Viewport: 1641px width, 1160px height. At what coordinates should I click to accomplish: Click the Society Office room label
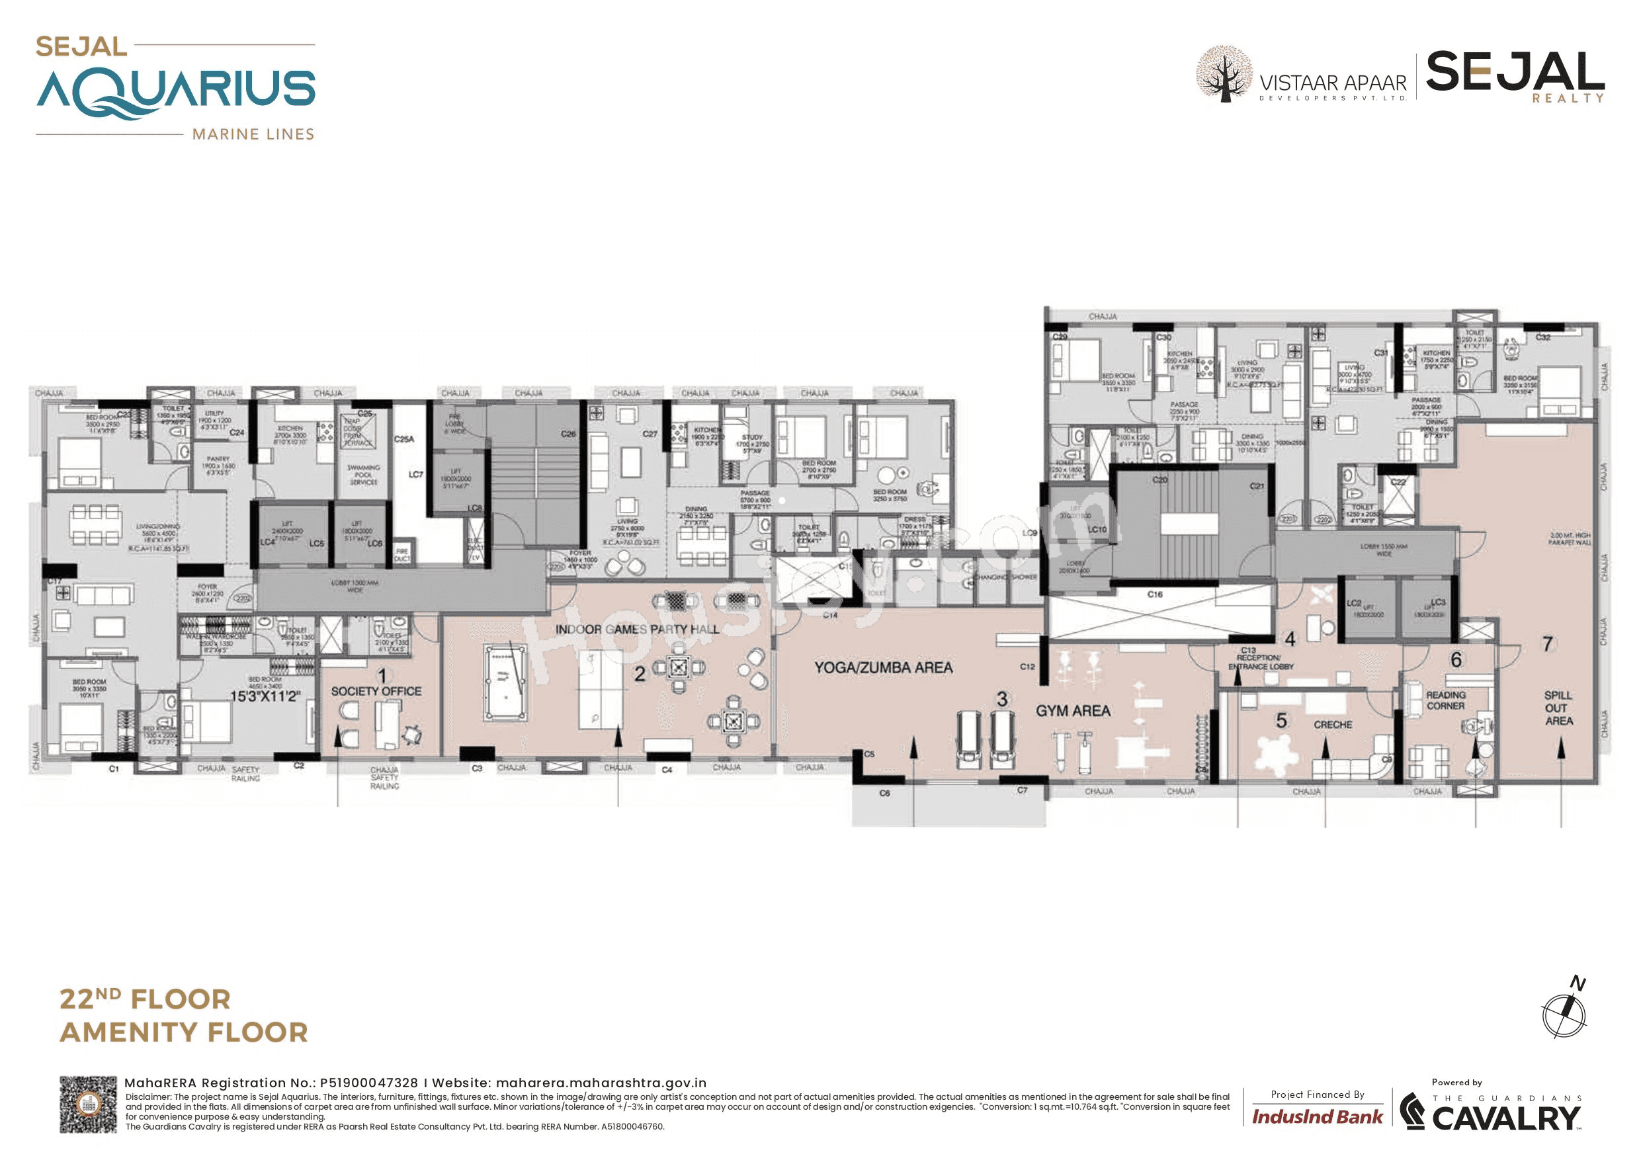(376, 691)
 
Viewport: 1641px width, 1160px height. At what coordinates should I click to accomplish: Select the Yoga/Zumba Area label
(884, 667)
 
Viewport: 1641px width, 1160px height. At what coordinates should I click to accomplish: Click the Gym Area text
(1073, 710)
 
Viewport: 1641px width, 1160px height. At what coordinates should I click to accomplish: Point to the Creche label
(1332, 725)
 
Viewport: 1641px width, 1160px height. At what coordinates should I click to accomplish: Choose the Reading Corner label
(1445, 700)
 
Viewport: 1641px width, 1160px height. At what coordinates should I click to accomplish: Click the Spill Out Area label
(1558, 708)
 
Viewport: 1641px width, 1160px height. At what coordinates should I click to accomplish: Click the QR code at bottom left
(88, 1104)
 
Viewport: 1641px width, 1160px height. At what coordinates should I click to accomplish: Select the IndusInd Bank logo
(1316, 1117)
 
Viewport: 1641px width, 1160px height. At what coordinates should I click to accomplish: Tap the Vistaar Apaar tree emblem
(1224, 73)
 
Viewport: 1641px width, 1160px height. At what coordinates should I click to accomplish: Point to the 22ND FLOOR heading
(145, 999)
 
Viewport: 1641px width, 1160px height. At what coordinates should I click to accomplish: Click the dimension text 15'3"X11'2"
(265, 696)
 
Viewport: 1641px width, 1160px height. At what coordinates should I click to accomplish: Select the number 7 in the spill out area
(1547, 644)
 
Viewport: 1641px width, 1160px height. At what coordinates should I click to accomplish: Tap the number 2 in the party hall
(640, 673)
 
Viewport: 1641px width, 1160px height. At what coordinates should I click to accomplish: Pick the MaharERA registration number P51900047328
(369, 1083)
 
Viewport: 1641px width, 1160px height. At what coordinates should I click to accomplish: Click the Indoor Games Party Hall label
(637, 629)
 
